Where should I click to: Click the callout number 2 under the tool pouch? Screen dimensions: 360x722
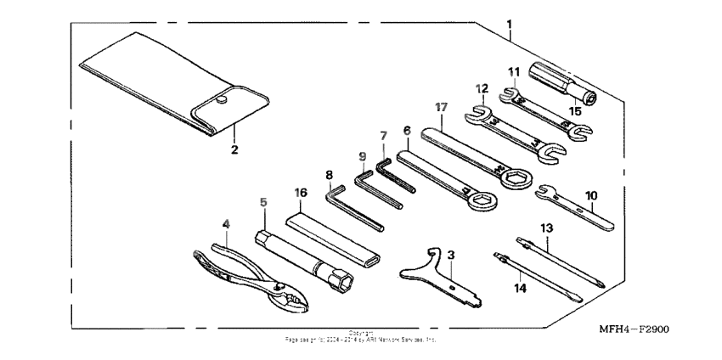(234, 149)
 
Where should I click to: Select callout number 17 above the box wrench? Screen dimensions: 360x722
(441, 108)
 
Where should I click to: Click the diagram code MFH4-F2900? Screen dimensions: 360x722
(633, 329)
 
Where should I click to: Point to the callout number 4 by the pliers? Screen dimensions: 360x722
(226, 225)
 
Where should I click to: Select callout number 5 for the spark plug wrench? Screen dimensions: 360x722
(263, 203)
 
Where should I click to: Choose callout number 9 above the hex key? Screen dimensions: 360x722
(362, 156)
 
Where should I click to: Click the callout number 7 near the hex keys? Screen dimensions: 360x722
(383, 136)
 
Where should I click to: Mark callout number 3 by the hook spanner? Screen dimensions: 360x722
(451, 255)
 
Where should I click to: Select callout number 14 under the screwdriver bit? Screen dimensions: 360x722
(519, 288)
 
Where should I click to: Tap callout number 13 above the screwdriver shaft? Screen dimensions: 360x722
(546, 228)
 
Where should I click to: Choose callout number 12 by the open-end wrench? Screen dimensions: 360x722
(482, 88)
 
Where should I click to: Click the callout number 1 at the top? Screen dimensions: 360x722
(510, 21)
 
